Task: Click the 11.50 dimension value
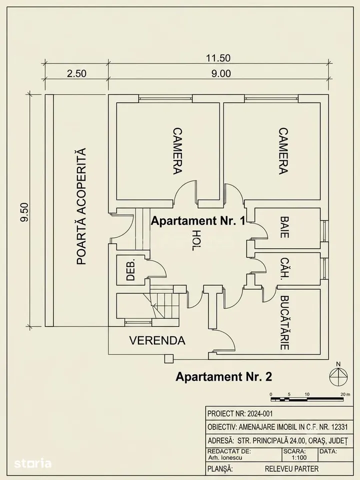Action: point(218,58)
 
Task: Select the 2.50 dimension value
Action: point(77,73)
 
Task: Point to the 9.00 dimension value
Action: point(221,73)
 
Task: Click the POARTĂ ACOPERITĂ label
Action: point(81,206)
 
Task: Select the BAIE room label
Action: point(284,227)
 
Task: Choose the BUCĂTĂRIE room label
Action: point(284,322)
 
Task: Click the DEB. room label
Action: point(130,269)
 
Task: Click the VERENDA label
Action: point(157,340)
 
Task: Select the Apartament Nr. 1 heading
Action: point(198,220)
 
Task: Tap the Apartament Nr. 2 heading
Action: point(224,376)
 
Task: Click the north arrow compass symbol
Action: point(338,376)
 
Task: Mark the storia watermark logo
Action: point(33,463)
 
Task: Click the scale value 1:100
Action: point(299,458)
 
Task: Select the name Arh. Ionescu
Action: point(225,458)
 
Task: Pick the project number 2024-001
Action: point(259,414)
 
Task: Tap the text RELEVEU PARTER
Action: point(291,469)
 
